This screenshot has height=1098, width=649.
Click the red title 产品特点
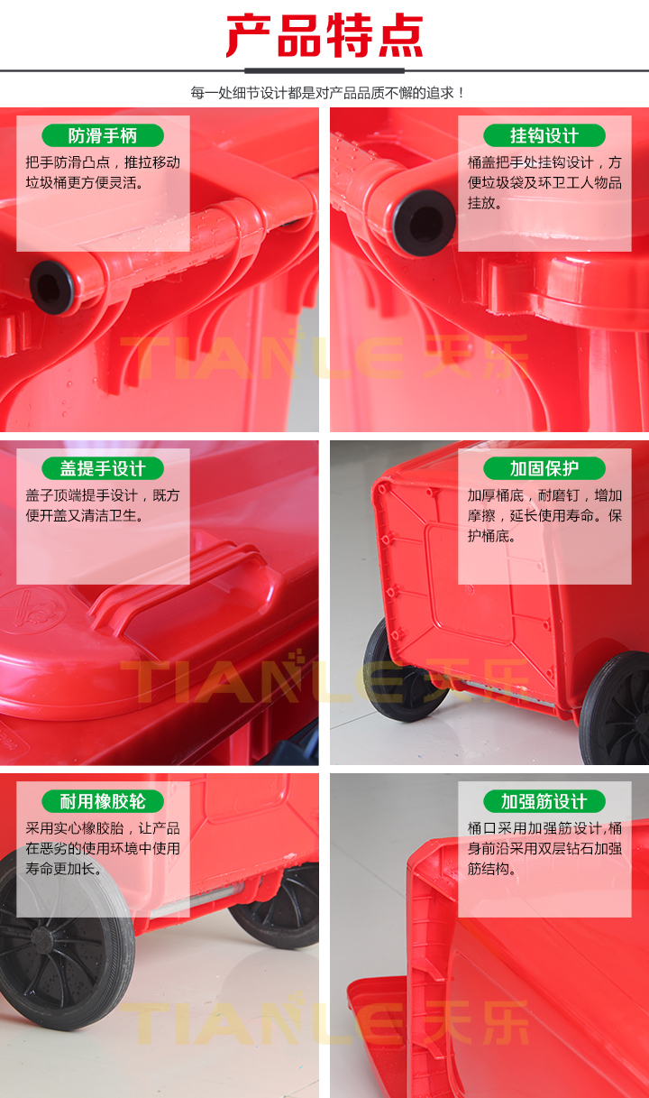[324, 36]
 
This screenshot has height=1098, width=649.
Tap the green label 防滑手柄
[103, 136]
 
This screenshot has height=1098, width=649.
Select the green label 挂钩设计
[544, 136]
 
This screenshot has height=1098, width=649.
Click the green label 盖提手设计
[103, 469]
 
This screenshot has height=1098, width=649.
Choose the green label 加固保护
[544, 469]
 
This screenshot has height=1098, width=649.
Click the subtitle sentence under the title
[324, 93]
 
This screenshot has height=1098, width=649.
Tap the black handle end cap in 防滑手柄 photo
[51, 286]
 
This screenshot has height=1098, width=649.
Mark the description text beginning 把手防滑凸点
[103, 172]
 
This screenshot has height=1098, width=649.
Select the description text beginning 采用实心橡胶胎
[103, 848]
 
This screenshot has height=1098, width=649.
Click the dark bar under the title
[324, 70]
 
